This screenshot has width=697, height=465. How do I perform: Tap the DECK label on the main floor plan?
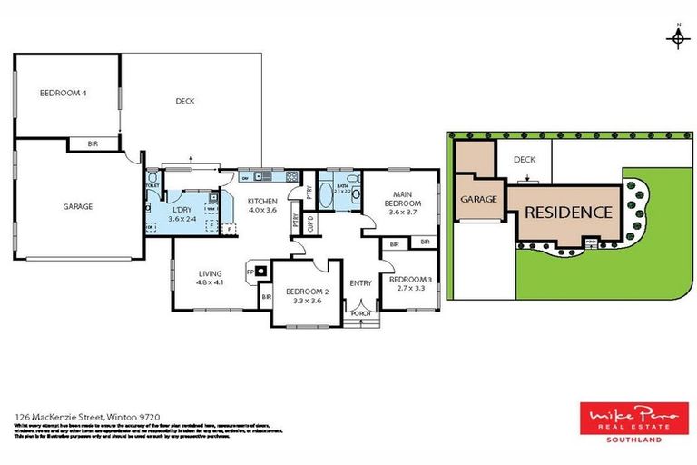[x=185, y=101]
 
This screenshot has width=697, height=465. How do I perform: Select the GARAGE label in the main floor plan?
[x=78, y=206]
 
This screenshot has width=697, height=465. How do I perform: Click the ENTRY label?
[x=360, y=282]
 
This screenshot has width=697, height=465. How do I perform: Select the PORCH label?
[x=361, y=316]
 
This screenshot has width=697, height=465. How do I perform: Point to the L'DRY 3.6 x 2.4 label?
[x=183, y=214]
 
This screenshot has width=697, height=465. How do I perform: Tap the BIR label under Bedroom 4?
[x=93, y=144]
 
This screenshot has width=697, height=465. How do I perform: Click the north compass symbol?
[x=676, y=37]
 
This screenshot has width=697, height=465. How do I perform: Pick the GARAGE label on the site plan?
[x=478, y=199]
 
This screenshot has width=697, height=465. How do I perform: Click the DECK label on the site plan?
[x=525, y=159]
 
